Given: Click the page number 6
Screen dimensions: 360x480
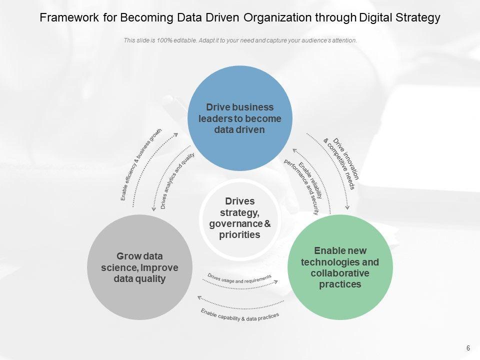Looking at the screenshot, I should [x=468, y=348].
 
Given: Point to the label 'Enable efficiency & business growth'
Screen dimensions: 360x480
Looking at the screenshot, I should [x=141, y=164].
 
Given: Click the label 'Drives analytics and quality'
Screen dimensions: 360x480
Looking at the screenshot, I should [x=177, y=180].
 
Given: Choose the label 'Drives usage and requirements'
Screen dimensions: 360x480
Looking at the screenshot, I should [x=239, y=278].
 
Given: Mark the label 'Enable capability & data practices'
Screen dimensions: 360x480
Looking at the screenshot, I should [x=240, y=314].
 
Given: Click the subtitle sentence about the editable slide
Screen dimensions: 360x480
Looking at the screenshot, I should [x=240, y=41].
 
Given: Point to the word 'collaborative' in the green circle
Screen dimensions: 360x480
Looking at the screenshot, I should [x=340, y=273].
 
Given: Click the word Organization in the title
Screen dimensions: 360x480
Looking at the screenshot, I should [x=281, y=18].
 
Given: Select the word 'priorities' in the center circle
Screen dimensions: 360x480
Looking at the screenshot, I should [x=240, y=234].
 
